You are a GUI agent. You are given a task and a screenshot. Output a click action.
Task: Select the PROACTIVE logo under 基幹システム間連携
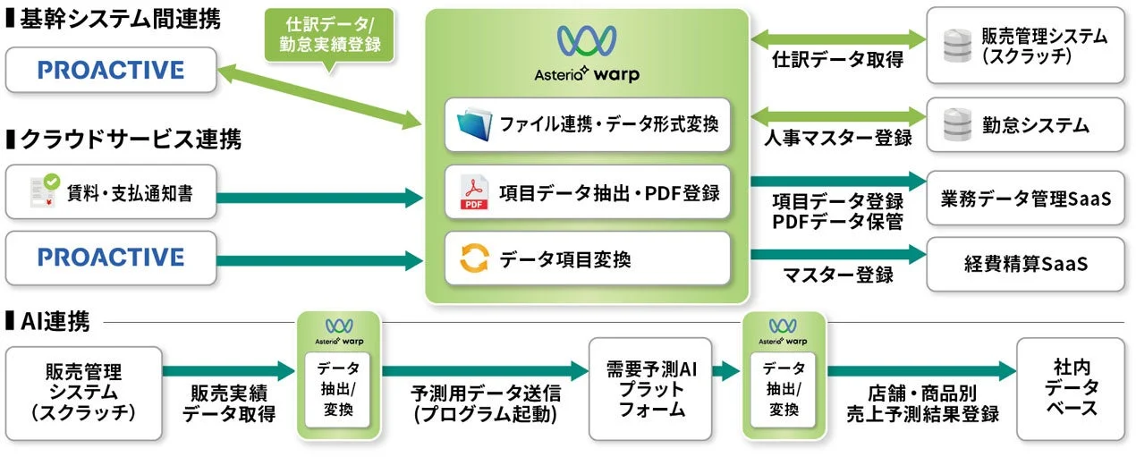click(111, 70)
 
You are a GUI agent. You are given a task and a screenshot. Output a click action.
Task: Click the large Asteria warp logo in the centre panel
click(586, 53)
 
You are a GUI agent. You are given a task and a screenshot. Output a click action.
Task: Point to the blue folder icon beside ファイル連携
click(474, 125)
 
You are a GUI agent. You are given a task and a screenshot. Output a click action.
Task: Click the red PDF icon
click(473, 192)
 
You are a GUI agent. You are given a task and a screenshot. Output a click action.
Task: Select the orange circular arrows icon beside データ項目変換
click(474, 259)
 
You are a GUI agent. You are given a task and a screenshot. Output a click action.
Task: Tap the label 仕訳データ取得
click(837, 61)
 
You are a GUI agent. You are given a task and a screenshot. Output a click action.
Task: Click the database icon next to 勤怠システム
click(957, 124)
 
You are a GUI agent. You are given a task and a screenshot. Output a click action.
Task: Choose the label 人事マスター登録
click(837, 139)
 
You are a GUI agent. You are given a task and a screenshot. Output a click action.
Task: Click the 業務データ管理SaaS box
click(1025, 198)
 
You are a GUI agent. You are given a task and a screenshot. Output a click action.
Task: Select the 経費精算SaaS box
click(1025, 264)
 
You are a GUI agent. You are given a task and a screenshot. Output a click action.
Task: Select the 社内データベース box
click(1070, 389)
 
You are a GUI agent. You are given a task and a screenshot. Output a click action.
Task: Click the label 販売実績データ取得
click(229, 403)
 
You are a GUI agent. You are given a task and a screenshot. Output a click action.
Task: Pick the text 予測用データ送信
click(486, 393)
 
